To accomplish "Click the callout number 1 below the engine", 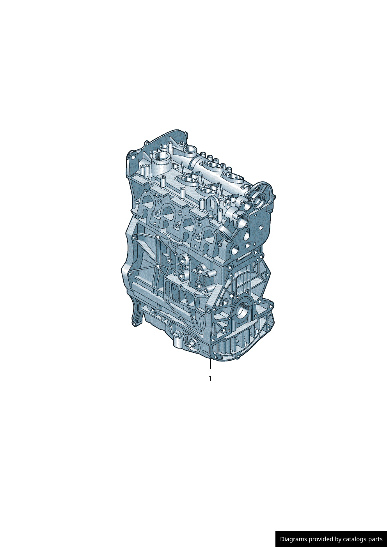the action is coord(209,379).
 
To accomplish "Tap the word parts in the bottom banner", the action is coord(374,539).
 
